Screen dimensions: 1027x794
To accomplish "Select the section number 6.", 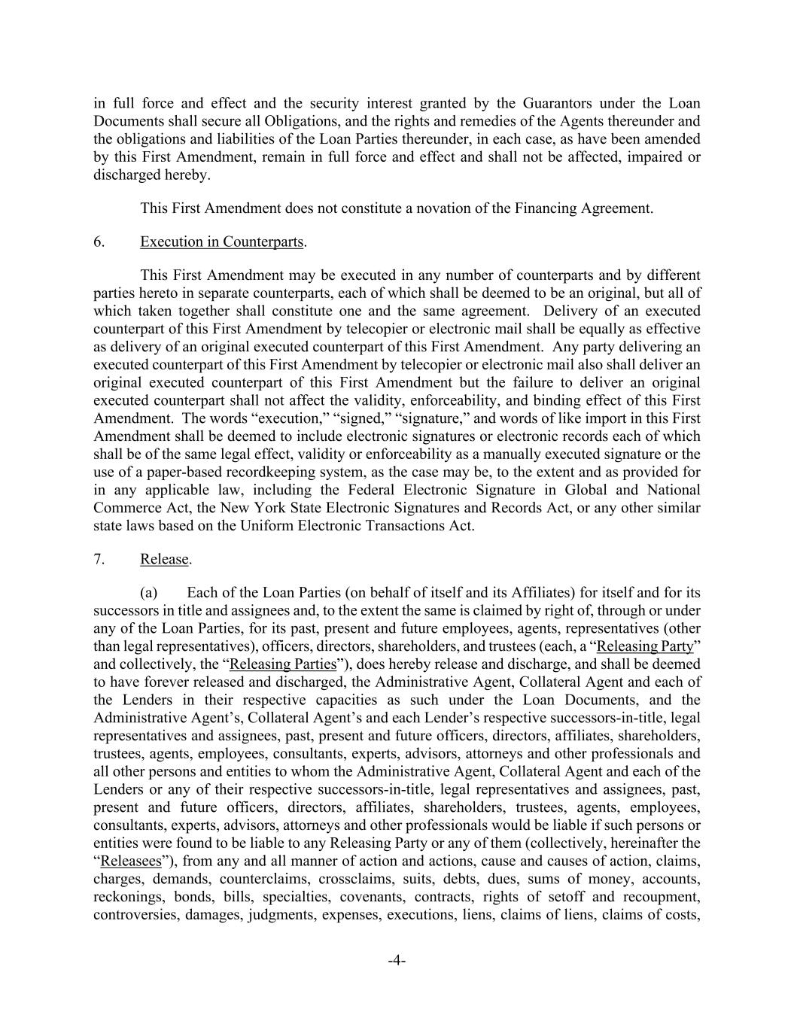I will click(x=99, y=242).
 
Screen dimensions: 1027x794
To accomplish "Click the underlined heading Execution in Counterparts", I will click(x=221, y=242).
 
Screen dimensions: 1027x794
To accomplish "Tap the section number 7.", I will click(x=99, y=559).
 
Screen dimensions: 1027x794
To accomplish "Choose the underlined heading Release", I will click(x=164, y=559).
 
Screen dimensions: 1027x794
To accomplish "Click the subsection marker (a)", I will click(x=149, y=593).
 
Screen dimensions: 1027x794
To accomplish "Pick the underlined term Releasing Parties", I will click(x=282, y=664).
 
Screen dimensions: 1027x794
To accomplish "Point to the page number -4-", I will click(x=397, y=960).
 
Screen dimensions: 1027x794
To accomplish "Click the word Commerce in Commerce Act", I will click(x=123, y=508).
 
